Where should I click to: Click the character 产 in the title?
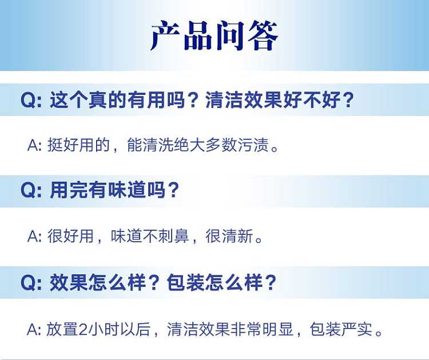[x=165, y=35]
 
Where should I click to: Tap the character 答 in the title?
[x=263, y=35]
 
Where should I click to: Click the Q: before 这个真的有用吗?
[x=31, y=100]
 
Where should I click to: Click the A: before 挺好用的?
[x=34, y=145]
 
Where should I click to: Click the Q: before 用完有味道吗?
[x=31, y=190]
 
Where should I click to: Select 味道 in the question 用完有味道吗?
[x=127, y=190]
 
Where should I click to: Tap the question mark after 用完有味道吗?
[x=173, y=190]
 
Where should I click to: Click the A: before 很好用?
[x=34, y=237]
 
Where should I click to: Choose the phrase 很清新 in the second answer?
[x=229, y=236]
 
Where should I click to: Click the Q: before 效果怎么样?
[x=31, y=282]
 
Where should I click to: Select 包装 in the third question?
[x=186, y=282]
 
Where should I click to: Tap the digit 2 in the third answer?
[x=82, y=329]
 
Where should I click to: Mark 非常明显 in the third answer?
[x=263, y=329]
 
